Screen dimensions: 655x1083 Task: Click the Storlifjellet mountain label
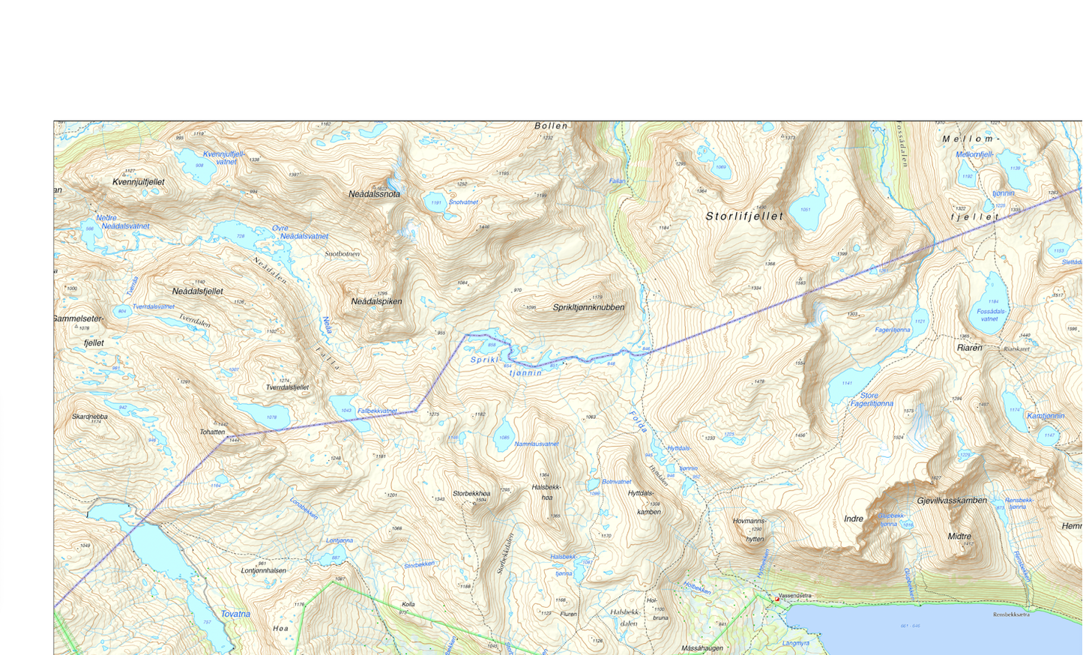pyautogui.click(x=744, y=217)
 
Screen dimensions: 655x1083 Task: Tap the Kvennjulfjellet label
pyautogui.click(x=139, y=182)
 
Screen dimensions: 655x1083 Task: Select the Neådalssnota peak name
pyautogui.click(x=374, y=194)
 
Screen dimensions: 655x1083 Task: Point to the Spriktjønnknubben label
pyautogui.click(x=588, y=307)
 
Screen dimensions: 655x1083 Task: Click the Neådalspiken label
pyautogui.click(x=376, y=301)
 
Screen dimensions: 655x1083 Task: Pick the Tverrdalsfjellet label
pyautogui.click(x=287, y=387)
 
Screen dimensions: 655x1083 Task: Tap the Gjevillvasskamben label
pyautogui.click(x=952, y=501)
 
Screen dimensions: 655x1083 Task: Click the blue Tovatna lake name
pyautogui.click(x=235, y=614)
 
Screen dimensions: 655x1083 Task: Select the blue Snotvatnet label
pyautogui.click(x=463, y=202)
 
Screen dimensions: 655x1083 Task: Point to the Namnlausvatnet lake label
pyautogui.click(x=537, y=444)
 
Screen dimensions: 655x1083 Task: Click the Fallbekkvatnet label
pyautogui.click(x=377, y=411)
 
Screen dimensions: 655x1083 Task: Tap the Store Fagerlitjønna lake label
pyautogui.click(x=871, y=399)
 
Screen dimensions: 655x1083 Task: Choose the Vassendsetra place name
pyautogui.click(x=794, y=596)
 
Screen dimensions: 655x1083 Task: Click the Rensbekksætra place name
pyautogui.click(x=1010, y=615)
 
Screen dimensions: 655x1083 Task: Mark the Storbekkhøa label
pyautogui.click(x=471, y=494)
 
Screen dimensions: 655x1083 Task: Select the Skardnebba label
pyautogui.click(x=90, y=417)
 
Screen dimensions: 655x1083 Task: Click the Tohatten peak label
pyautogui.click(x=212, y=432)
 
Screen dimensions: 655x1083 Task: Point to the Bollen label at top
pyautogui.click(x=551, y=126)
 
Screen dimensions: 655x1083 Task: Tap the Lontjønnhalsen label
pyautogui.click(x=263, y=570)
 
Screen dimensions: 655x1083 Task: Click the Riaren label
pyautogui.click(x=969, y=348)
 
